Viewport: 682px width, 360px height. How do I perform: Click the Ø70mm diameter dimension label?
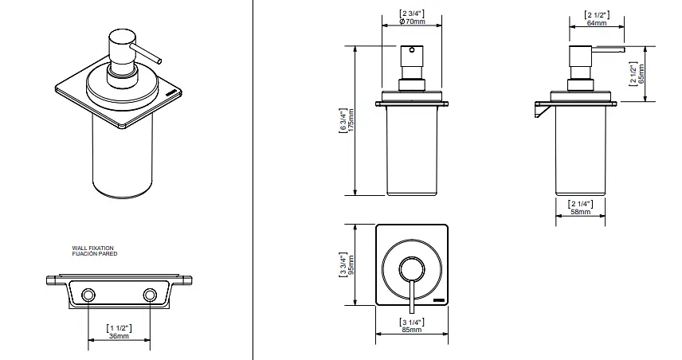click(411, 22)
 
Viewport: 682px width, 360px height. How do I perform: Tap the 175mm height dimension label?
click(351, 120)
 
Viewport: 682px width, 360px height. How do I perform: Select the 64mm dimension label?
click(596, 22)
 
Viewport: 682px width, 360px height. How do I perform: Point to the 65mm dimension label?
click(641, 74)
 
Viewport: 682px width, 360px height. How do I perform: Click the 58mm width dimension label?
click(581, 212)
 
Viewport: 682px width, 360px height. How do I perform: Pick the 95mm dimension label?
click(351, 264)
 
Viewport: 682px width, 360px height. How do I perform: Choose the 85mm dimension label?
click(411, 330)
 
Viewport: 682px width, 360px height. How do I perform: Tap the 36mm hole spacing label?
click(119, 336)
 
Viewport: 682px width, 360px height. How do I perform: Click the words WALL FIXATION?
click(92, 248)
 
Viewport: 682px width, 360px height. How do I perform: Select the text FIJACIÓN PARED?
click(94, 254)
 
